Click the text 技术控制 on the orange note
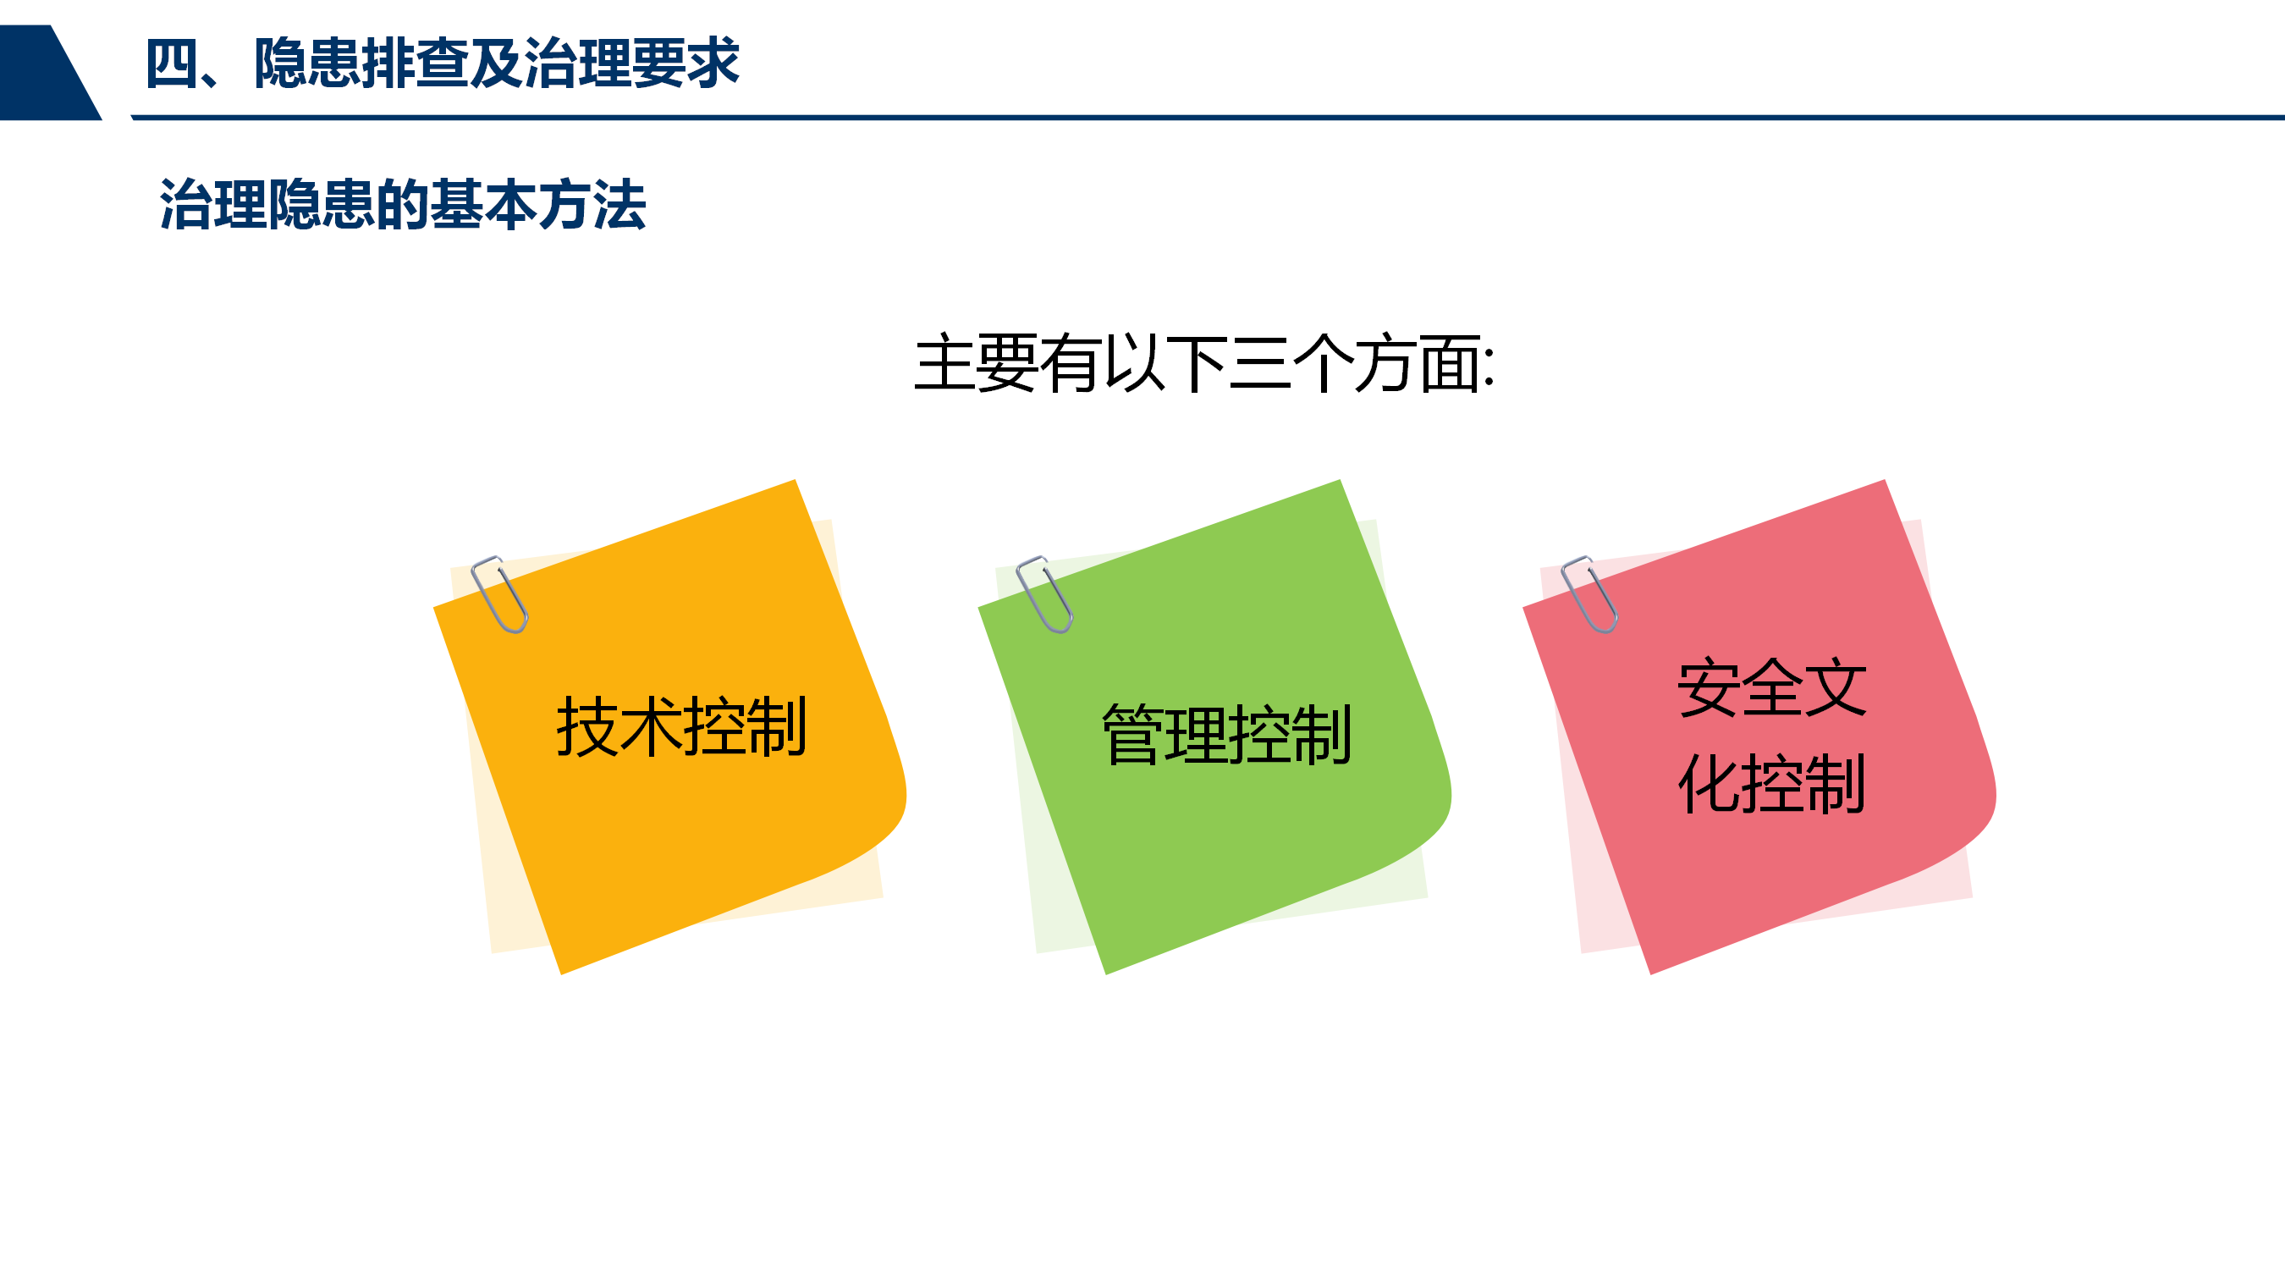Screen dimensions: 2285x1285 point(681,726)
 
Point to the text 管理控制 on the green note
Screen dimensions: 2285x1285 point(1227,735)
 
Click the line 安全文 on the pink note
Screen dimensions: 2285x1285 point(1771,687)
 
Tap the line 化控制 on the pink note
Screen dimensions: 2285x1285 point(1771,784)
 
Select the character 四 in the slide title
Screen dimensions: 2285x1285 point(172,63)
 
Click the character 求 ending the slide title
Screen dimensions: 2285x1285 point(713,63)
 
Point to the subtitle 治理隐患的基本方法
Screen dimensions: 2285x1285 point(403,204)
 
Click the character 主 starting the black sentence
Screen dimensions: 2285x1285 point(944,363)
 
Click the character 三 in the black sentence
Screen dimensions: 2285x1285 point(1259,363)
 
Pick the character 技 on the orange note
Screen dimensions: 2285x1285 point(587,726)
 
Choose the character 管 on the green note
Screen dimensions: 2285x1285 point(1132,735)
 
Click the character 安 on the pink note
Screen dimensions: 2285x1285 point(1708,687)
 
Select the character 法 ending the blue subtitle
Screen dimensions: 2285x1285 point(620,204)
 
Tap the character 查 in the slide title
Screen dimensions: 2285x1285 point(442,63)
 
